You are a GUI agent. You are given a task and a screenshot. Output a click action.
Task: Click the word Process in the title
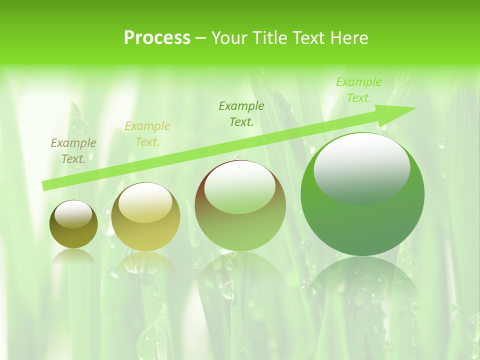(x=157, y=38)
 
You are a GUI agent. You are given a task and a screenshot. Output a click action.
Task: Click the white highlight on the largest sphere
(x=362, y=167)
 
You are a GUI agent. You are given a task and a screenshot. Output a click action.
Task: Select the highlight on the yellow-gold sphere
(x=145, y=202)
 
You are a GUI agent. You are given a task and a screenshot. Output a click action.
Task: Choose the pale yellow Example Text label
(x=147, y=134)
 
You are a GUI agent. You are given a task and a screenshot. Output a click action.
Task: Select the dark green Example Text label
(x=241, y=113)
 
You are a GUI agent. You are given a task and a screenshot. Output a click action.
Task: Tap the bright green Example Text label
(x=359, y=90)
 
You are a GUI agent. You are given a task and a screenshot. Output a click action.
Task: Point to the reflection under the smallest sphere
(x=73, y=258)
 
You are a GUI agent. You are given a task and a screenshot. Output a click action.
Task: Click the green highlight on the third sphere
(x=240, y=187)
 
